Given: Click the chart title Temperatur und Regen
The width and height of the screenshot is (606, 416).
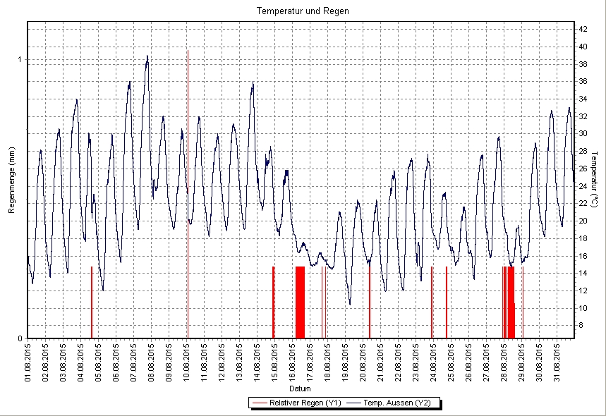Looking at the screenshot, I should pyautogui.click(x=303, y=11).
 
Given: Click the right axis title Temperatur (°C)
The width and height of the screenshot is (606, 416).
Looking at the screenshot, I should pyautogui.click(x=594, y=180).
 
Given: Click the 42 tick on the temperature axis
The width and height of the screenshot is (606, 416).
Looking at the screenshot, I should pyautogui.click(x=583, y=29).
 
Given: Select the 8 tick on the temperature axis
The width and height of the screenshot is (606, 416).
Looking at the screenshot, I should pyautogui.click(x=581, y=325).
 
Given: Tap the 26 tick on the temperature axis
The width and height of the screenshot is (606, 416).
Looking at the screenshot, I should pyautogui.click(x=583, y=169).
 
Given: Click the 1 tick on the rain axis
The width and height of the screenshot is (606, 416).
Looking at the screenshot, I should pyautogui.click(x=20, y=60).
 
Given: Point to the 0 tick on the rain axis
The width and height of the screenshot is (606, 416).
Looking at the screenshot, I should pyautogui.click(x=20, y=338).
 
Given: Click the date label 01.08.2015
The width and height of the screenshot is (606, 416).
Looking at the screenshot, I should pyautogui.click(x=28, y=362).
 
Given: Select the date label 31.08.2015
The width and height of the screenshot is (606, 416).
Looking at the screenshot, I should pyautogui.click(x=557, y=362).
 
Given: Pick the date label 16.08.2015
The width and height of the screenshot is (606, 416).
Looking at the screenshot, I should pyautogui.click(x=293, y=362).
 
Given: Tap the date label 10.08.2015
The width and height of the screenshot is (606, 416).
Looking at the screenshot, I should pyautogui.click(x=187, y=362).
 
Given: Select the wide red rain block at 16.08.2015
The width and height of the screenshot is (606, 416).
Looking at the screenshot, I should pyautogui.click(x=300, y=303).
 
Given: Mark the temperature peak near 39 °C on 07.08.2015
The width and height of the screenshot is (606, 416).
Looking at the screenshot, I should pyautogui.click(x=147, y=56).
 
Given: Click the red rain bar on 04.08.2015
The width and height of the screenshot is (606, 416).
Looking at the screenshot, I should pyautogui.click(x=92, y=303).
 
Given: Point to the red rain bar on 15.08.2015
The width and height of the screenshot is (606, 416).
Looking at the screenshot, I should pyautogui.click(x=273, y=303).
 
